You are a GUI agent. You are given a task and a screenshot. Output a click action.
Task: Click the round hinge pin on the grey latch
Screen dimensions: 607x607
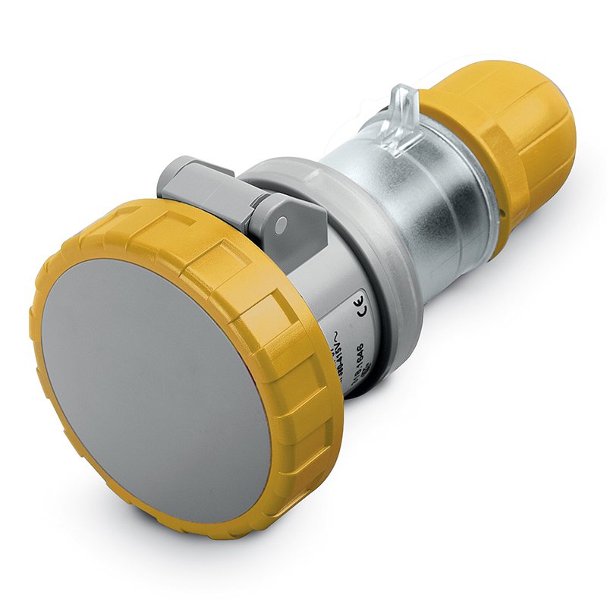click(281, 225)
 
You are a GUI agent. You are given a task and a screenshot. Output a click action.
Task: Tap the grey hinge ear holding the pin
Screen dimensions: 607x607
click(292, 220)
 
